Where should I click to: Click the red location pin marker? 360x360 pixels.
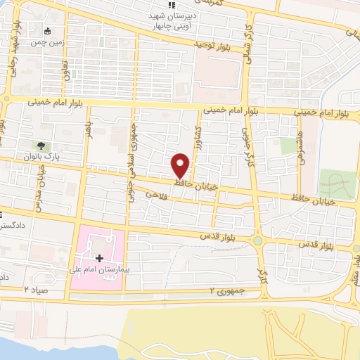click(x=181, y=165)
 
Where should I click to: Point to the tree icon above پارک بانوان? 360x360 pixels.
click(x=41, y=146)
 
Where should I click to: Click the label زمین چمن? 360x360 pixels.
click(x=46, y=42)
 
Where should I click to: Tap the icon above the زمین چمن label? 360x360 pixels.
click(x=47, y=32)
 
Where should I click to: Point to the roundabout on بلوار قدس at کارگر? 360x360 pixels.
click(x=259, y=241)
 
